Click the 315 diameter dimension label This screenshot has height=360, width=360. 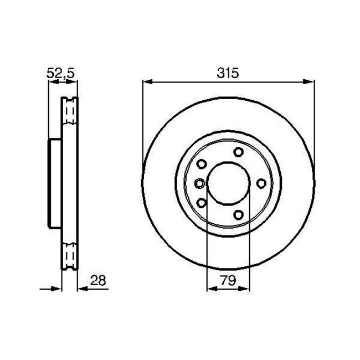pos(228,73)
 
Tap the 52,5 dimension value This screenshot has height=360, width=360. pos(61,73)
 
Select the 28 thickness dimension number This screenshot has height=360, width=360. pos(98,280)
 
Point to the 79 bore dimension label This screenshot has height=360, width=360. pos(228,280)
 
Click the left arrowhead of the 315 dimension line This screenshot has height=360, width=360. pos(147,81)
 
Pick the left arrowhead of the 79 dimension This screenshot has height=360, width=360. pos(212,289)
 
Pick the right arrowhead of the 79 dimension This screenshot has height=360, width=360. pos(244,289)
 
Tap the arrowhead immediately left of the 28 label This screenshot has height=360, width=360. pos(82,289)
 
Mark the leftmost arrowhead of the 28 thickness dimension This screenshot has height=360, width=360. pos(56,289)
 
